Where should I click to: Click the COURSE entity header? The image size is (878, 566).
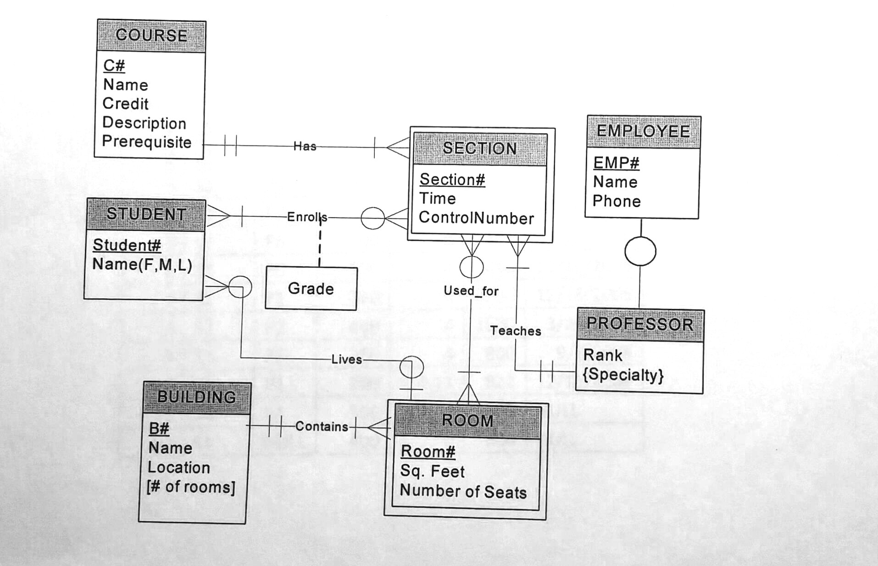(x=151, y=35)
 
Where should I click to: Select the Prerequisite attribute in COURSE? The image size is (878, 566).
(x=146, y=141)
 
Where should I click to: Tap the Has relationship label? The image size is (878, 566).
(x=305, y=146)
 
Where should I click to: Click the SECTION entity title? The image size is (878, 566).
(x=479, y=148)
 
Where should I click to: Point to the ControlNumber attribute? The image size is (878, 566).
(x=476, y=218)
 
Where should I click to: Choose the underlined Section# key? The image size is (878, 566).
(x=452, y=179)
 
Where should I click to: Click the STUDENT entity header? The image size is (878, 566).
(x=146, y=214)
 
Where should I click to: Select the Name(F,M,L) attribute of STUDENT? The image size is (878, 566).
(x=142, y=264)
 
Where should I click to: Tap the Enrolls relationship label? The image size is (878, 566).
(x=307, y=217)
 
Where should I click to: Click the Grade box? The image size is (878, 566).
(x=311, y=288)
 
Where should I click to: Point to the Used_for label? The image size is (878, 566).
(x=471, y=291)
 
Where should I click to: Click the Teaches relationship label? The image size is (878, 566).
(x=516, y=331)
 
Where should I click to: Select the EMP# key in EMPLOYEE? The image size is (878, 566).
(x=616, y=163)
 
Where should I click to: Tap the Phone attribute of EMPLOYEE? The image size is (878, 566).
(x=616, y=201)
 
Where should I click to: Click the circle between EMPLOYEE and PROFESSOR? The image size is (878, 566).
(x=640, y=251)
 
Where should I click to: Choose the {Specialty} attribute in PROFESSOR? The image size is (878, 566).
(x=623, y=375)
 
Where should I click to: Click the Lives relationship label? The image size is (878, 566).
(x=346, y=359)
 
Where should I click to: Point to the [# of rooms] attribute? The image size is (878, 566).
(x=191, y=487)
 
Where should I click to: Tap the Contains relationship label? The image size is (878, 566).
(x=322, y=426)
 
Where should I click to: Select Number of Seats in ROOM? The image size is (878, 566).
(x=463, y=492)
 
